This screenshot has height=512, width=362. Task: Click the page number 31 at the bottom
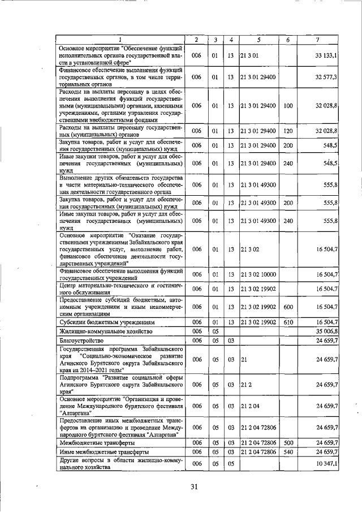pos(195,487)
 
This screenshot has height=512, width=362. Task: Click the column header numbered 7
pos(318,39)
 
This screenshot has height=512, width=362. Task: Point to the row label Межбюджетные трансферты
pos(94,443)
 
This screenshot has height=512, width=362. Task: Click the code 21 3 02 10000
pos(258,274)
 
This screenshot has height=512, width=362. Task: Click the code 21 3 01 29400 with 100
pos(258,106)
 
